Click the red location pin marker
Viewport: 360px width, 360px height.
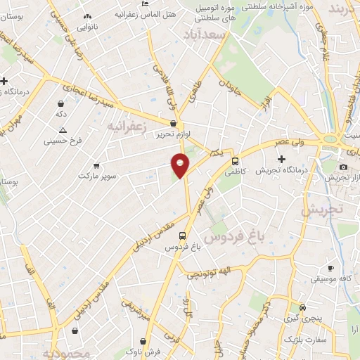coord(181,165)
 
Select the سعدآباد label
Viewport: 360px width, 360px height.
coord(204,34)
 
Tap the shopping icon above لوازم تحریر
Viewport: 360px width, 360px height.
coord(173,122)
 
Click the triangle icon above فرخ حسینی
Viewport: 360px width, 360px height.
coord(63,130)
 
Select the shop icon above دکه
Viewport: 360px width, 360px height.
coord(61,103)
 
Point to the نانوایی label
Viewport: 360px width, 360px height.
coord(87,27)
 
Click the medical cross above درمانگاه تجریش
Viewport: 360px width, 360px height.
coord(281,159)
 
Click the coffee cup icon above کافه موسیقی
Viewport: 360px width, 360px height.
coord(330,269)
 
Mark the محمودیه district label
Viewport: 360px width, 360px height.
coord(66,353)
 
